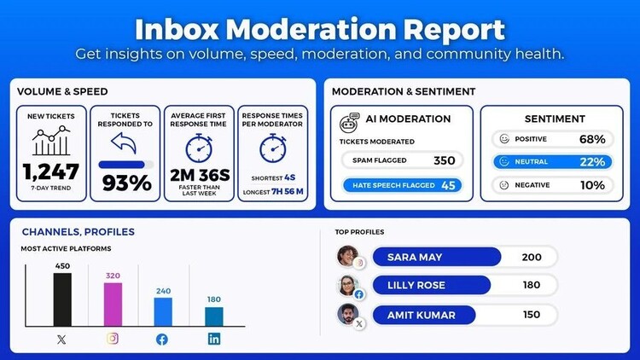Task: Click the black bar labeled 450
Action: (61, 299)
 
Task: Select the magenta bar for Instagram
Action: (113, 305)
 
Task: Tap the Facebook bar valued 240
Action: (163, 311)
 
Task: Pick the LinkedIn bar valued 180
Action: (213, 316)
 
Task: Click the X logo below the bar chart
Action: (61, 340)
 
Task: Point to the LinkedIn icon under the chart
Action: (213, 340)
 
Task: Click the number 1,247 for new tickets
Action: (51, 171)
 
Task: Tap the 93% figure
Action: (126, 183)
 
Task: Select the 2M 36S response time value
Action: (198, 175)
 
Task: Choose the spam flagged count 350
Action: (444, 160)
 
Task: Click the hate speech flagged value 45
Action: (447, 184)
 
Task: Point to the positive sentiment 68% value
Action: (591, 139)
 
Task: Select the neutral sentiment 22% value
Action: (591, 161)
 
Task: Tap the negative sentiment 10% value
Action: (591, 184)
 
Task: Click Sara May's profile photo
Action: (347, 255)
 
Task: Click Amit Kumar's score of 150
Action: (531, 315)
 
